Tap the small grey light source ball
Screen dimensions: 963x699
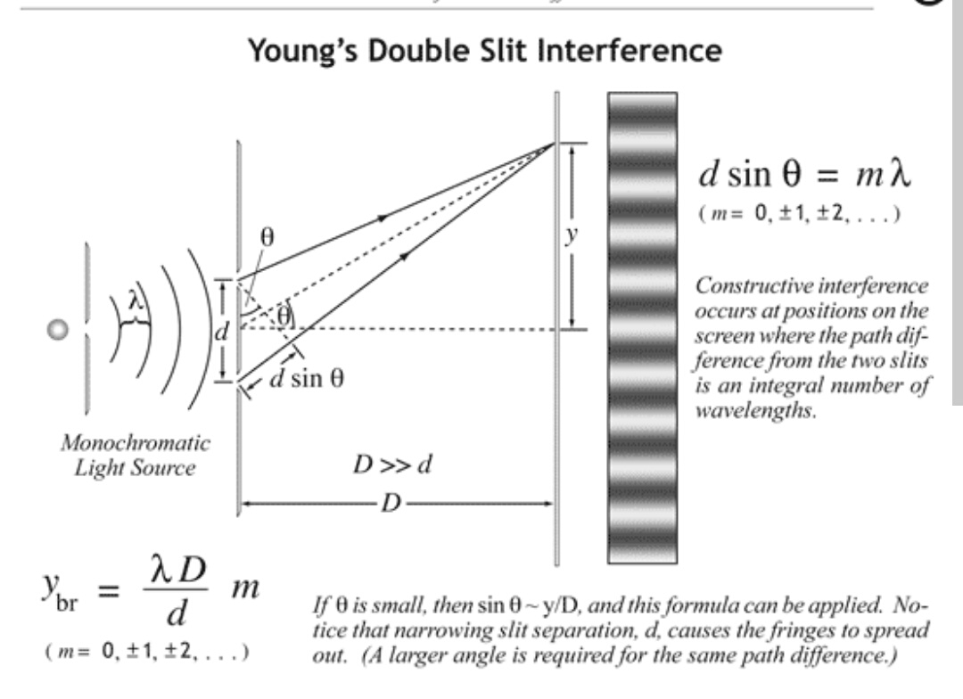tap(59, 330)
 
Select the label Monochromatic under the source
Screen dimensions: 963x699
tap(135, 442)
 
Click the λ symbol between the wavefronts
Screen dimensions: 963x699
tap(135, 303)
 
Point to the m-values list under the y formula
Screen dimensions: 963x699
tap(145, 651)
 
